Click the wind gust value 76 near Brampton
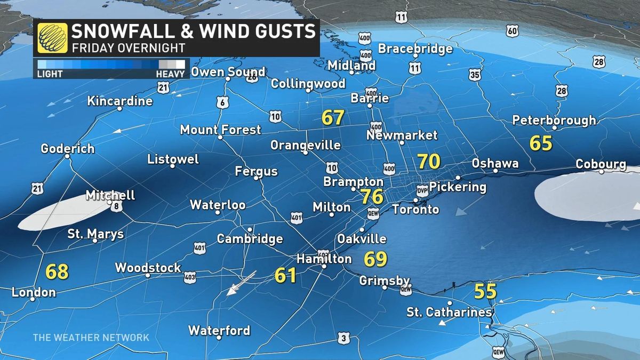(372, 196)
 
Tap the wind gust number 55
(485, 291)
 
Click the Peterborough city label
(554, 121)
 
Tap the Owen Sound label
(228, 72)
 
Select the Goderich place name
(68, 149)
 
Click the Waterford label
(219, 331)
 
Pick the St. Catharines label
(449, 312)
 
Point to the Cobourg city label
(601, 164)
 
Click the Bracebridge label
(415, 49)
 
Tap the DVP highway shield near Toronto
(422, 190)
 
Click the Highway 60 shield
(512, 31)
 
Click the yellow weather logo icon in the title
(52, 38)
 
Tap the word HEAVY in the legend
(170, 74)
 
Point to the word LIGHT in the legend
(50, 74)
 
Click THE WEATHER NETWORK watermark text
(91, 338)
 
